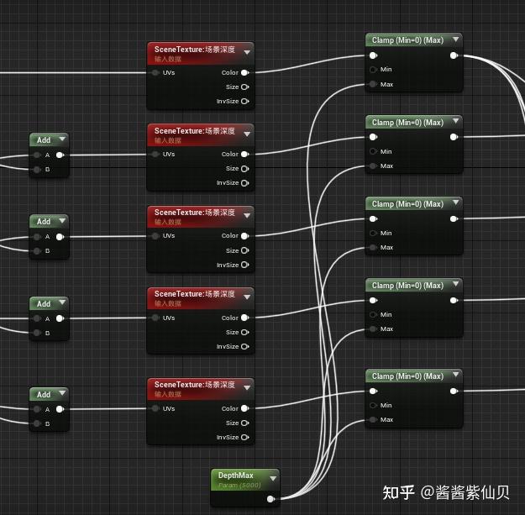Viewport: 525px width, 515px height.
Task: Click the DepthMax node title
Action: point(236,476)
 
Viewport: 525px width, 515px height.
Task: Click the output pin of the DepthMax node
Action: point(270,499)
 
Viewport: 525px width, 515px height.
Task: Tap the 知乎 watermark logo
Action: point(399,491)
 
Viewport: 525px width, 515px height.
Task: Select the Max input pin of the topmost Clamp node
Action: point(373,85)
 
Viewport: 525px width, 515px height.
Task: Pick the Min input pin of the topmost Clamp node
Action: point(373,70)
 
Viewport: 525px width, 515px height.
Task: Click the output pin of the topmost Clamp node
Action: point(454,56)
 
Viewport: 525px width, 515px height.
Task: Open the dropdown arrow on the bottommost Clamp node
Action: point(455,376)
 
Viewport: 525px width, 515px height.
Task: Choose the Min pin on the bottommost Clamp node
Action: point(373,406)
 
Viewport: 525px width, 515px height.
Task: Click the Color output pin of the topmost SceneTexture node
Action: point(244,73)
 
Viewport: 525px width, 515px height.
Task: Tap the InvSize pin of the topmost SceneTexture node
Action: point(244,102)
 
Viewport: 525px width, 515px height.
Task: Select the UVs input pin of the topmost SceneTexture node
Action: point(156,73)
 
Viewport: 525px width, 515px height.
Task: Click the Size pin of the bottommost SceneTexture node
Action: point(244,423)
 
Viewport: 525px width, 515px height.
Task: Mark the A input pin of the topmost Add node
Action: point(36,155)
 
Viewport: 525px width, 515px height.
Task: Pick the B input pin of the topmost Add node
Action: point(36,170)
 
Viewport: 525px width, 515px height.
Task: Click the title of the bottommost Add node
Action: point(44,394)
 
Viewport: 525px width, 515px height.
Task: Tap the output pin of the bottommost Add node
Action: point(60,410)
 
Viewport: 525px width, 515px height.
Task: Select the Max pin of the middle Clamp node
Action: point(373,248)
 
